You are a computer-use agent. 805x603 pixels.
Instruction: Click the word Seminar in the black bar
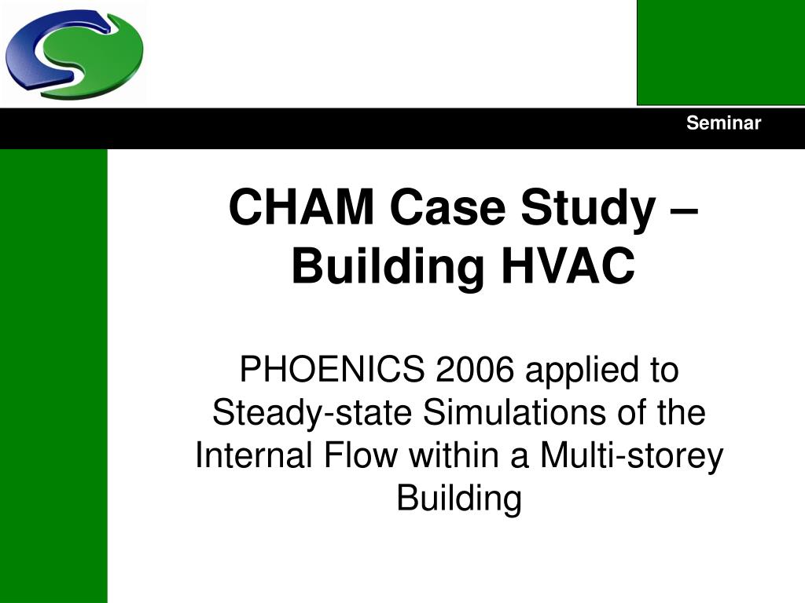(x=723, y=123)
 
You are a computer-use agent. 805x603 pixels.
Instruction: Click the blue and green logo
(x=75, y=54)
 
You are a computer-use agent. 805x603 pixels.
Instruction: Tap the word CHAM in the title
(x=301, y=206)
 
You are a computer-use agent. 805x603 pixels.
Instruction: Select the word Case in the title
(x=447, y=206)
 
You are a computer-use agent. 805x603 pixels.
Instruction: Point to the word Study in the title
(x=588, y=209)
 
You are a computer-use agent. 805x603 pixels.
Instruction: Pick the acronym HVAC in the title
(x=568, y=266)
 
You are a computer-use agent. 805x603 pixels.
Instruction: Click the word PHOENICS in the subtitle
(x=333, y=369)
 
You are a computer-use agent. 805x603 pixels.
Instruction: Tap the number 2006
(x=475, y=369)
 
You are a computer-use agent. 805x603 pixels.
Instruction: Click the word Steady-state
(x=312, y=414)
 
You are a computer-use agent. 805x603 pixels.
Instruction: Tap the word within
(x=454, y=455)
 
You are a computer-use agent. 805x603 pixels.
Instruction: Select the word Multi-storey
(x=631, y=457)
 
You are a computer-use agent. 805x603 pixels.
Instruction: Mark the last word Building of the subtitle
(x=459, y=499)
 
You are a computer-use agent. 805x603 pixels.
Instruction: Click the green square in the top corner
(x=721, y=53)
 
